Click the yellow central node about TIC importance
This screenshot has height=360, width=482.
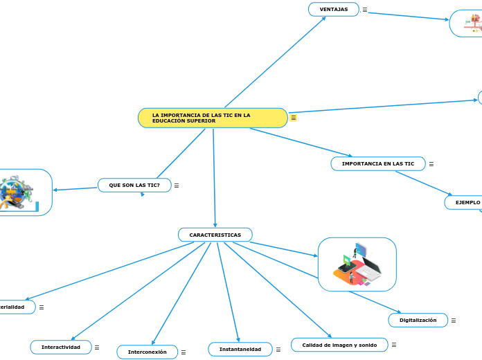point(213,118)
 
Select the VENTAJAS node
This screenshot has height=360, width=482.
point(333,9)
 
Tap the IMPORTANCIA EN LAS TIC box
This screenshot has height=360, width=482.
point(377,163)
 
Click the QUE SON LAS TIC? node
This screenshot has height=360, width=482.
point(134,185)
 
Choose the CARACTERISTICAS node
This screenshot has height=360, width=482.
point(215,235)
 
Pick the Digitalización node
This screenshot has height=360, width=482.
point(418,320)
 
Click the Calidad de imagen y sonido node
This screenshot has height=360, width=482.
point(339,345)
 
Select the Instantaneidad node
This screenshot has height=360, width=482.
point(240,350)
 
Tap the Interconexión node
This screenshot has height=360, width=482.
point(147,352)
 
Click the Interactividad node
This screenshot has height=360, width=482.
point(61,347)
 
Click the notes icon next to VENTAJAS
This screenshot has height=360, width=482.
point(365,10)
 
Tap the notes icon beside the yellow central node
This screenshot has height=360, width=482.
point(294,118)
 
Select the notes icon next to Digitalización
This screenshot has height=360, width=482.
point(454,321)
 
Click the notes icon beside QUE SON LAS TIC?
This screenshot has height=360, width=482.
point(177,186)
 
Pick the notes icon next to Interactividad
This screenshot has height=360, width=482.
point(97,348)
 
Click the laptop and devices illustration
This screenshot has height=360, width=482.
point(357,264)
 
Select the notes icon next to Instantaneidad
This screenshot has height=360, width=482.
point(278,350)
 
